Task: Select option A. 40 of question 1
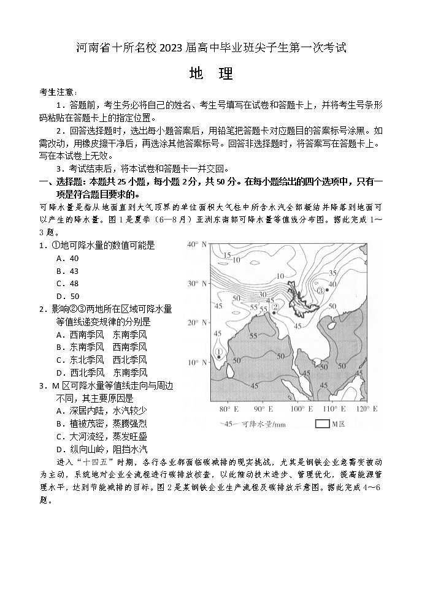tap(67, 258)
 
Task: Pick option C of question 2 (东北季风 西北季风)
tap(101, 360)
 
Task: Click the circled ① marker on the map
tap(218, 352)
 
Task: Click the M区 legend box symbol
tap(322, 423)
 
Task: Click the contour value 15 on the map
tap(227, 255)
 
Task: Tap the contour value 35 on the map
tap(333, 273)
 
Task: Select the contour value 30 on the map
tap(263, 295)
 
